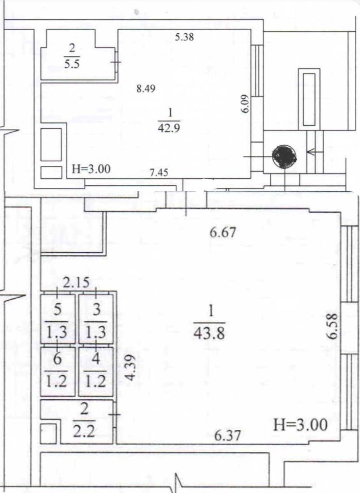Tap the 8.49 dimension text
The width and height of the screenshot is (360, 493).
[146, 89]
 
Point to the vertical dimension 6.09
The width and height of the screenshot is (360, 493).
[246, 104]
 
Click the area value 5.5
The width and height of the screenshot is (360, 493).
[72, 64]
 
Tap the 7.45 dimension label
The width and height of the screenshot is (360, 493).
[159, 172]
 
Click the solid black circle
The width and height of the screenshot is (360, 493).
[284, 157]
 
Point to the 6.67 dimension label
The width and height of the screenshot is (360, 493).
[222, 233]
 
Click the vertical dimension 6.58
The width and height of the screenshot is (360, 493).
[332, 326]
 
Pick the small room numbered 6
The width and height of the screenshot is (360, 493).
[58, 372]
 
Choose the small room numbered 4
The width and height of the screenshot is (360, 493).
[96, 372]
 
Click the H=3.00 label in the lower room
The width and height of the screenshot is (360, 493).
[300, 424]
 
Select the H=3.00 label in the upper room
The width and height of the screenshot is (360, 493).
[91, 169]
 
